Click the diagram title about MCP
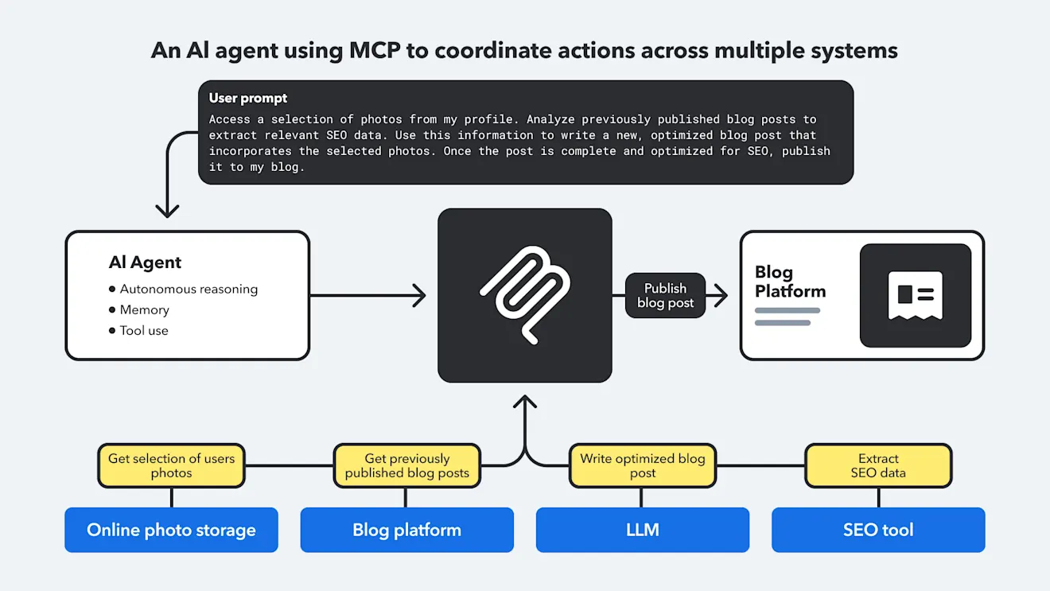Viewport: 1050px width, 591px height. pos(524,51)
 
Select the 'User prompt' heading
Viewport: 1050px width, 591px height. pos(248,99)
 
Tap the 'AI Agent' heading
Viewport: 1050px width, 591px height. pos(145,262)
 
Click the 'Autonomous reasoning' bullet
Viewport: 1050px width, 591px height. pos(189,290)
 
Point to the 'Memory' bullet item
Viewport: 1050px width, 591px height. pos(144,310)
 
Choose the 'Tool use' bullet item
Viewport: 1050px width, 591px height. pos(144,331)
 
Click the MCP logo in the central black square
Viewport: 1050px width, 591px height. pos(524,295)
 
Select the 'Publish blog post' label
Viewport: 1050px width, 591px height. pos(665,296)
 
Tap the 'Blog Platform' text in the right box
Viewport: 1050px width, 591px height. pos(790,282)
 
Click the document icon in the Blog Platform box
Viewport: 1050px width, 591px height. pos(915,295)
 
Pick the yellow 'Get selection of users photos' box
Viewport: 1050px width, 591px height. pos(171,466)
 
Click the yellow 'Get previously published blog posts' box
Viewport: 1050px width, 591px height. pos(406,466)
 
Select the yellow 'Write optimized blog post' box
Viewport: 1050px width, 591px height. pos(642,466)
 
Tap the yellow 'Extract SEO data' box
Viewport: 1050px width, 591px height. pos(878,466)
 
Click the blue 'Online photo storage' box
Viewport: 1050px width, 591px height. pos(171,531)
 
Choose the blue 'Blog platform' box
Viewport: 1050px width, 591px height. pos(406,531)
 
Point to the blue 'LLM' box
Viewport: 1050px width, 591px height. pos(642,531)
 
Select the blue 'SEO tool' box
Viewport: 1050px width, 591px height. pos(878,531)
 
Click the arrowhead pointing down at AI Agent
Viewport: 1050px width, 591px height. pos(167,211)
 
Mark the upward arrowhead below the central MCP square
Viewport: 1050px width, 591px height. pos(525,400)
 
